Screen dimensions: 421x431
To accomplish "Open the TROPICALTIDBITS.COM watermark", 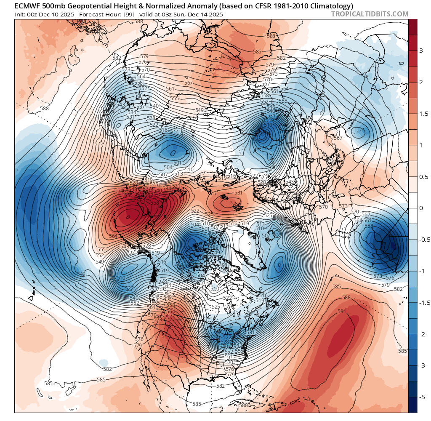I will click(370, 14).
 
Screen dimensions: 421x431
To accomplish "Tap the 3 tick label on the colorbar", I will click(420, 51).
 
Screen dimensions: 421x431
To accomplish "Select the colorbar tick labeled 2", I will click(420, 82).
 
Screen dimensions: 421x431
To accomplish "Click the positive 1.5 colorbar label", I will click(423, 114).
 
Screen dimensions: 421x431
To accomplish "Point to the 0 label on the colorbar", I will click(420, 208).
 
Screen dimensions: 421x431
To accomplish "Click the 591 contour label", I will click(342, 312).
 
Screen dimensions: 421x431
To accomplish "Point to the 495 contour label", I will click(212, 234).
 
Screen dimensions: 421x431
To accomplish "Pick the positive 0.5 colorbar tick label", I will click(423, 176).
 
